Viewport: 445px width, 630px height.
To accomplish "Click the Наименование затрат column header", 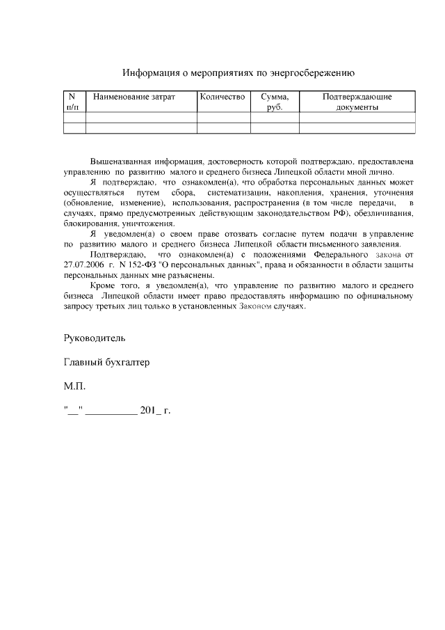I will [x=134, y=97].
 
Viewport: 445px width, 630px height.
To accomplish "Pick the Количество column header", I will [x=222, y=97].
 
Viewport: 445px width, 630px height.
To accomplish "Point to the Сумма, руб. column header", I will [x=275, y=102].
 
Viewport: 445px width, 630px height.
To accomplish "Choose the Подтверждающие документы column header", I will [x=357, y=102].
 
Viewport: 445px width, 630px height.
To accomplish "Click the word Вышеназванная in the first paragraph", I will [x=121, y=161].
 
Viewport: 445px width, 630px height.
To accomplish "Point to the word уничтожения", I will [x=148, y=223].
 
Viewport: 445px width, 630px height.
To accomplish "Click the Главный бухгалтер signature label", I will [x=106, y=362].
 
